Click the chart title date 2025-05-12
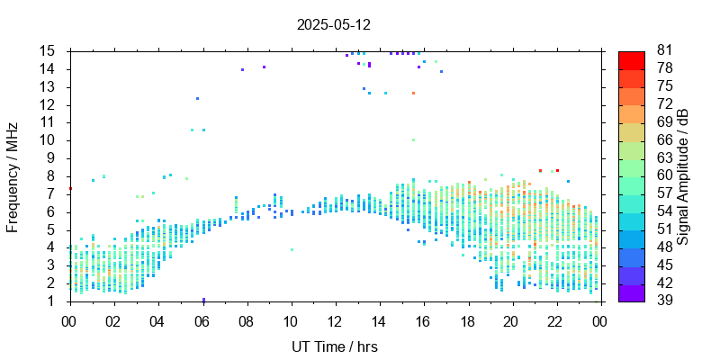click(333, 25)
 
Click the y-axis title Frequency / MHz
click(13, 175)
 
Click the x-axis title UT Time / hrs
click(334, 346)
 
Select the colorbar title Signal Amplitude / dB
click(683, 176)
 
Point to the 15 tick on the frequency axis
click(48, 51)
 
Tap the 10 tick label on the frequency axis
click(48, 140)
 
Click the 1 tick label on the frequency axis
click(51, 301)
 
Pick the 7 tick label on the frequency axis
click(51, 193)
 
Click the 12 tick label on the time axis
click(334, 321)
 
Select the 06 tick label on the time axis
click(202, 321)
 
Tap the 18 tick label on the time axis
click(466, 321)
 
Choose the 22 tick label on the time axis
click(554, 321)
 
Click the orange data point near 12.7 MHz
click(413, 93)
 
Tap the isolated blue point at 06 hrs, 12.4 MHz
click(197, 98)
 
